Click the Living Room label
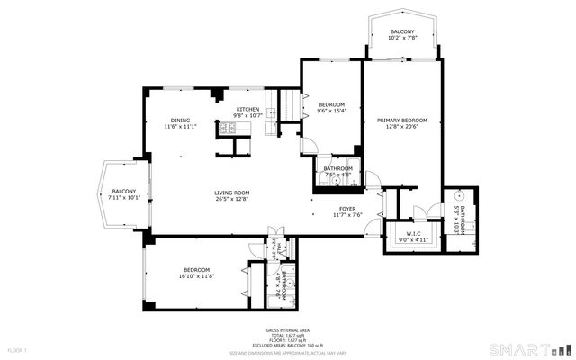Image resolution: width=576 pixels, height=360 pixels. pyautogui.click(x=231, y=193)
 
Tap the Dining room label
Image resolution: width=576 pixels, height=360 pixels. pyautogui.click(x=180, y=121)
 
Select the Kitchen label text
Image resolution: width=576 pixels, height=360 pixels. pyautogui.click(x=247, y=110)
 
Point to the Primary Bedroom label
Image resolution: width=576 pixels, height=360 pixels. pyautogui.click(x=401, y=121)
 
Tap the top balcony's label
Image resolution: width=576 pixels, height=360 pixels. pyautogui.click(x=402, y=31)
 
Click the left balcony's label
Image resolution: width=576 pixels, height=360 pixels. pyautogui.click(x=123, y=192)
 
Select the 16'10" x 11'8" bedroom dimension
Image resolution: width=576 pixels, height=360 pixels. pyautogui.click(x=196, y=276)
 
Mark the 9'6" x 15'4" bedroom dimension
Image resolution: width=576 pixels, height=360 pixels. pyautogui.click(x=332, y=111)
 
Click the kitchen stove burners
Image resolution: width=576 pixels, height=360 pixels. pyautogui.click(x=222, y=130)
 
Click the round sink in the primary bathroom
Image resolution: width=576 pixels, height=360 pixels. pyautogui.click(x=458, y=195)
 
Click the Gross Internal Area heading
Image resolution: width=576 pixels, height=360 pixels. pyautogui.click(x=287, y=330)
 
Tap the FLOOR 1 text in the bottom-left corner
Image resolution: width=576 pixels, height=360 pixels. pyautogui.click(x=17, y=349)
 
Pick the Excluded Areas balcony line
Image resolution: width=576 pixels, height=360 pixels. pyautogui.click(x=287, y=344)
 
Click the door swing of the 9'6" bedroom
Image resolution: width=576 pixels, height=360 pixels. pyautogui.click(x=308, y=144)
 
